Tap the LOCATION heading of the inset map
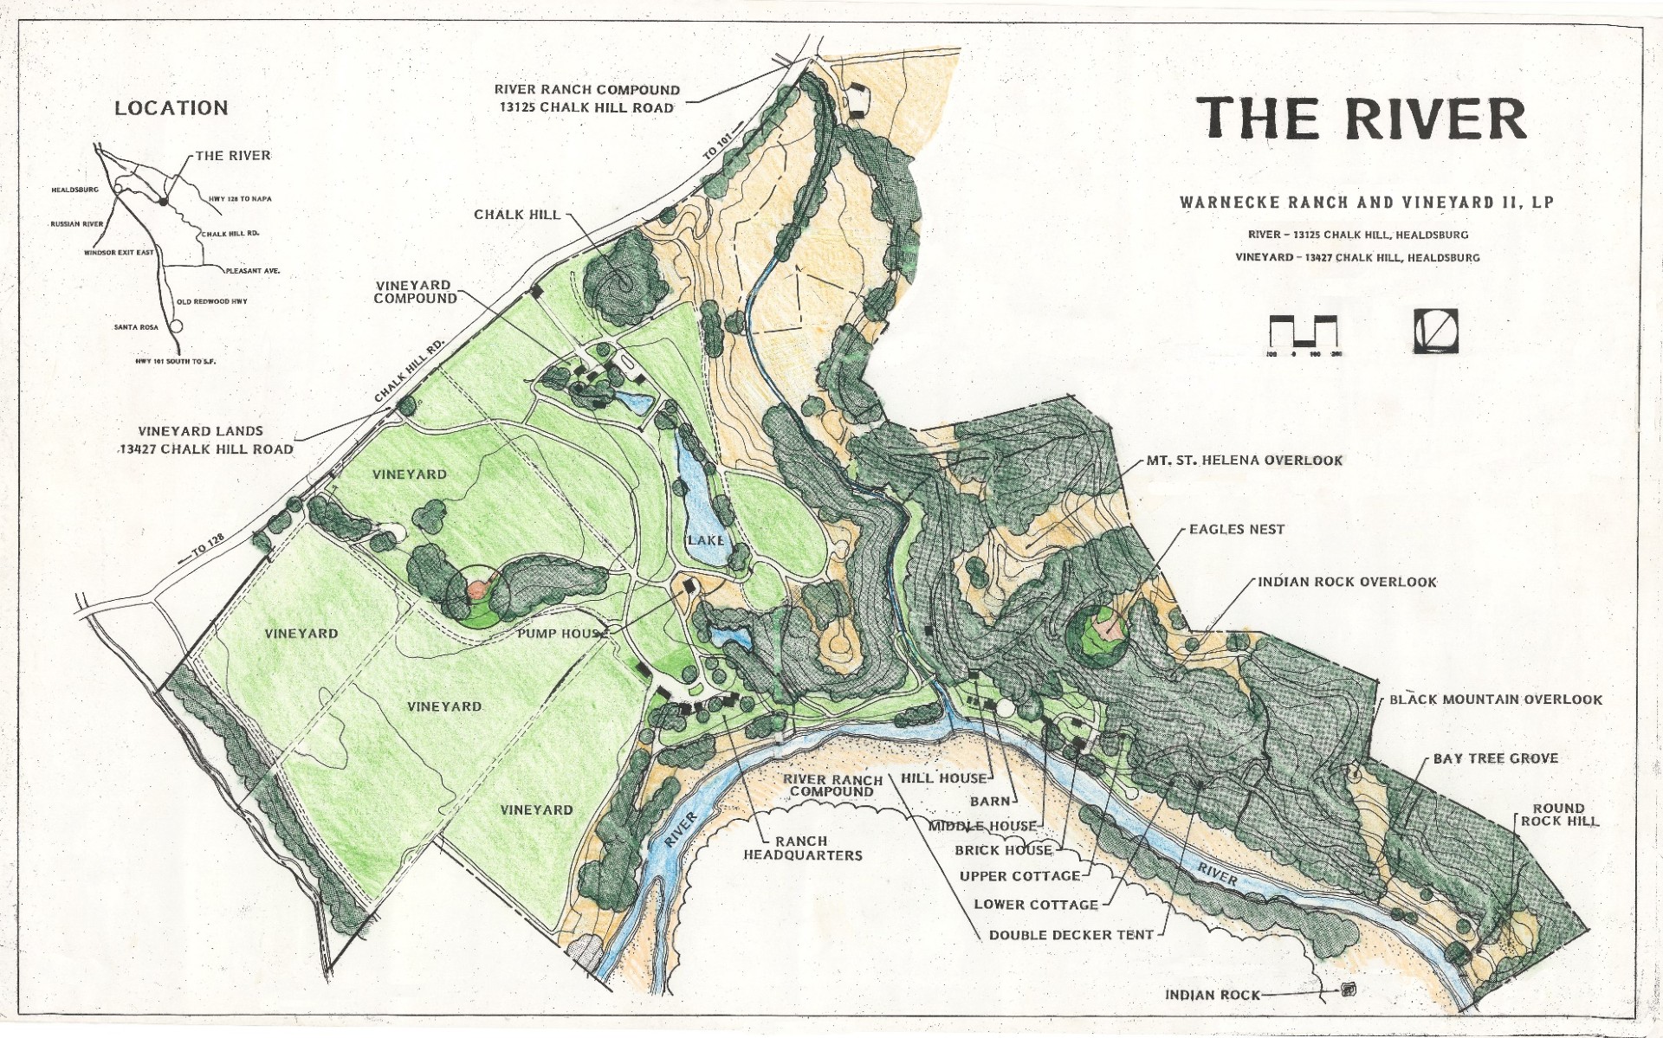pyautogui.click(x=171, y=108)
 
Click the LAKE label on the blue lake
pyautogui.click(x=706, y=540)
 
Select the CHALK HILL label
pyautogui.click(x=517, y=214)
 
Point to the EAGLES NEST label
pyautogui.click(x=1237, y=529)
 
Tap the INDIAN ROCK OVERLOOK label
pyautogui.click(x=1347, y=583)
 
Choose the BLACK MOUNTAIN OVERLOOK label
pyautogui.click(x=1496, y=699)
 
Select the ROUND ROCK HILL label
pyautogui.click(x=1559, y=815)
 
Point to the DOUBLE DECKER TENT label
pyautogui.click(x=1071, y=935)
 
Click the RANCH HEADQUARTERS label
pyautogui.click(x=803, y=848)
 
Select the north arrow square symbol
pyautogui.click(x=1436, y=331)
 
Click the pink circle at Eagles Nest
pyautogui.click(x=1106, y=625)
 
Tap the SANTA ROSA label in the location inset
pyautogui.click(x=133, y=327)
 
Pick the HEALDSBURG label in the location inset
pyautogui.click(x=75, y=189)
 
